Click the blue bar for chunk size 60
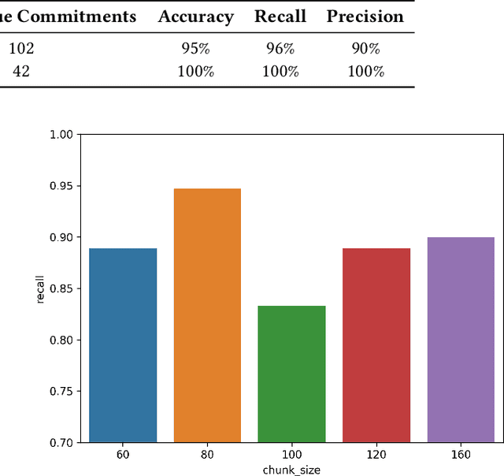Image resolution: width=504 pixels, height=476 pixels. pyautogui.click(x=123, y=345)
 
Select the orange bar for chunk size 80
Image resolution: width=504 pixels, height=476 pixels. pyautogui.click(x=207, y=315)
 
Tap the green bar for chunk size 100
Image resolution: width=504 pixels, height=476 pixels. pyautogui.click(x=291, y=374)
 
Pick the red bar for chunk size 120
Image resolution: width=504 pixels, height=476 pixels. pyautogui.click(x=376, y=345)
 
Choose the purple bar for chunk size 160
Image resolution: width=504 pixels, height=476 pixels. pyautogui.click(x=460, y=340)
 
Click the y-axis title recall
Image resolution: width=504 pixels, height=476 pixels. pyautogui.click(x=39, y=288)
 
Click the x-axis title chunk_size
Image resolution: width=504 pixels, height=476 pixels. pyautogui.click(x=291, y=470)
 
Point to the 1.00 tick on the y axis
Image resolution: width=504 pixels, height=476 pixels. pyautogui.click(x=60, y=135)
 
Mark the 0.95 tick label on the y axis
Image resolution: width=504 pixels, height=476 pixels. pyautogui.click(x=60, y=186)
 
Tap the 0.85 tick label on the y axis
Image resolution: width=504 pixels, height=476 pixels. pyautogui.click(x=60, y=288)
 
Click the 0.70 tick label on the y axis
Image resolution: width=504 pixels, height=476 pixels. pyautogui.click(x=60, y=443)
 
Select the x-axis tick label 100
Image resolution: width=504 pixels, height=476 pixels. pyautogui.click(x=291, y=456)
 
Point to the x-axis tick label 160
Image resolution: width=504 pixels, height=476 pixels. pyautogui.click(x=460, y=456)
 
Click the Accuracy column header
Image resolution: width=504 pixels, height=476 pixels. pyautogui.click(x=196, y=17)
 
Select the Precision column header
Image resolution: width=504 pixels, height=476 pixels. pyautogui.click(x=365, y=17)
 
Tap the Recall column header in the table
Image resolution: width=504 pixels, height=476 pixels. pyautogui.click(x=280, y=17)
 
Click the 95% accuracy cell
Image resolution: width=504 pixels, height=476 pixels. pyautogui.click(x=196, y=49)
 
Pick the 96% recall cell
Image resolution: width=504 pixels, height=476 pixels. pyautogui.click(x=280, y=49)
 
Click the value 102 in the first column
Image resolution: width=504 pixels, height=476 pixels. pyautogui.click(x=21, y=49)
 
